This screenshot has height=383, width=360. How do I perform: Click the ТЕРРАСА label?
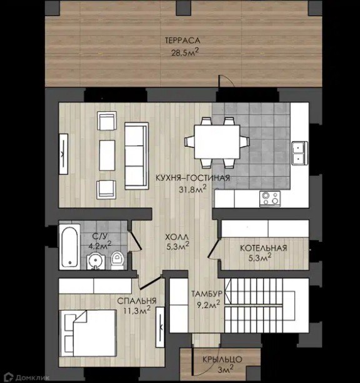click(182, 41)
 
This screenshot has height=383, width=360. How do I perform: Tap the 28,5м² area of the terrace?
click(185, 52)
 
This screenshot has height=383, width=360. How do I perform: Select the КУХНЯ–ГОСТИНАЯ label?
click(193, 178)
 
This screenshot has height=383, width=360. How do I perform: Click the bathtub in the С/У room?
click(69, 247)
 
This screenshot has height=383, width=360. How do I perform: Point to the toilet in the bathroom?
click(117, 260)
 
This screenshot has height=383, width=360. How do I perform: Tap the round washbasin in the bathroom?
click(95, 261)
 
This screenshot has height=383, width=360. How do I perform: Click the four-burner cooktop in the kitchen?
click(270, 198)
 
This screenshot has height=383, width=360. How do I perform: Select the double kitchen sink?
click(299, 153)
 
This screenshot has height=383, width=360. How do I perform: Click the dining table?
click(217, 142)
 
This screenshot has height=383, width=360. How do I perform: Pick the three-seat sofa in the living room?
click(136, 156)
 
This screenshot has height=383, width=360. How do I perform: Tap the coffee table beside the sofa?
click(107, 155)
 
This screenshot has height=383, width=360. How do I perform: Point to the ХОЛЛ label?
click(177, 237)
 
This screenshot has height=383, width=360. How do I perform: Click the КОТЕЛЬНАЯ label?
click(264, 248)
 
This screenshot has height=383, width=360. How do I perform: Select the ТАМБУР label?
click(207, 294)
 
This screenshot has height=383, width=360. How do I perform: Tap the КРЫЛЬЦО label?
click(222, 359)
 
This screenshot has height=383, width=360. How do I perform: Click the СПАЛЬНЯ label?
click(137, 301)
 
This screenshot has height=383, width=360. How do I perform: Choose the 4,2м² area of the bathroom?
click(100, 246)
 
